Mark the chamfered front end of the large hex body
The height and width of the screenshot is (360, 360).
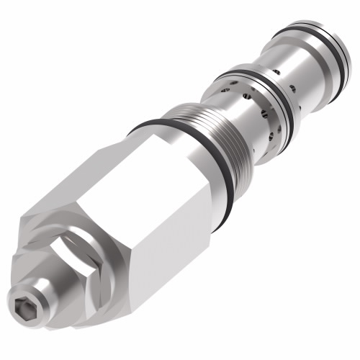43,223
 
